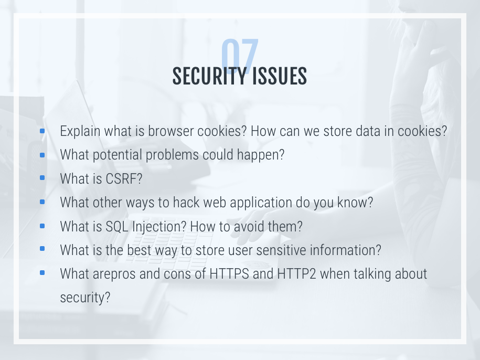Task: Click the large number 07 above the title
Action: [240, 55]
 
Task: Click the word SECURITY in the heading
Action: [210, 76]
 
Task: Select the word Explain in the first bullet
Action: [80, 131]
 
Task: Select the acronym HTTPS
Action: [229, 274]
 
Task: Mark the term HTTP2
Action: [296, 274]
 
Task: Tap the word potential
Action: [117, 155]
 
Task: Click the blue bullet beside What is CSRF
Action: [42, 177]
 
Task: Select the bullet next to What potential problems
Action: [42, 155]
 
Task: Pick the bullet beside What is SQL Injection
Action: [42, 226]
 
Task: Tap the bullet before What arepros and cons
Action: [42, 272]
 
